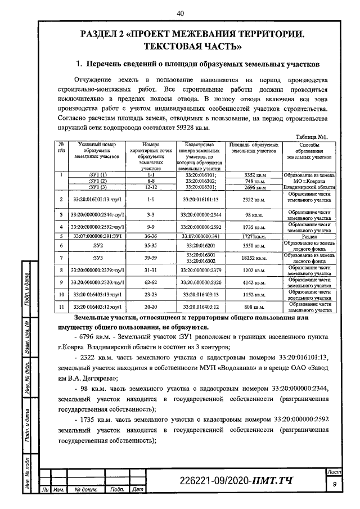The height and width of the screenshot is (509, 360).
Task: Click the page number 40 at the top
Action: point(180,13)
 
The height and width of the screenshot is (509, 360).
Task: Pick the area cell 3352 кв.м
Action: point(255,175)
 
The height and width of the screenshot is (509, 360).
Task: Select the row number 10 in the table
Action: point(61,295)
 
